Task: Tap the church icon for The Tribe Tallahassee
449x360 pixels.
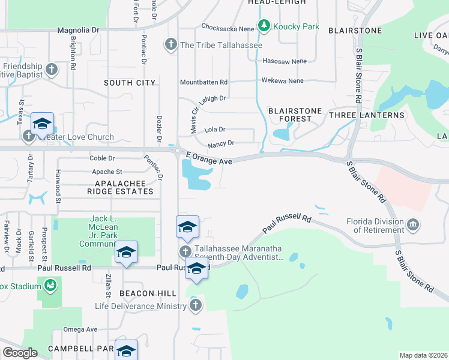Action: tap(171, 44)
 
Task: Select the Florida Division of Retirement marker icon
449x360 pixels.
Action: tap(412, 225)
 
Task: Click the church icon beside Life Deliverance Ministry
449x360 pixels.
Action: tap(194, 306)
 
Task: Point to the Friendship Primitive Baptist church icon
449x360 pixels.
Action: tap(51, 70)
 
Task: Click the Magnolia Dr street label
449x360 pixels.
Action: tap(77, 30)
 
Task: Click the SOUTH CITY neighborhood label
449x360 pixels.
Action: tap(129, 83)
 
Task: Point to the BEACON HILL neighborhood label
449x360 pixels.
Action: tap(148, 293)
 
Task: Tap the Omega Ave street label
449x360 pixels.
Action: tap(81, 329)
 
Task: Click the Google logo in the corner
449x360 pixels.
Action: tap(20, 353)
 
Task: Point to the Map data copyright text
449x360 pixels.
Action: tap(423, 355)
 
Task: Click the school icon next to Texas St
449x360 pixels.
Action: tap(42, 124)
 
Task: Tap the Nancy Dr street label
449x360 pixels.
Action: tap(220, 144)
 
